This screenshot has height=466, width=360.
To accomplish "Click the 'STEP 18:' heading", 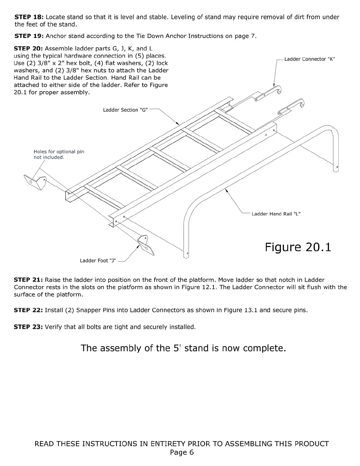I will [x=29, y=17].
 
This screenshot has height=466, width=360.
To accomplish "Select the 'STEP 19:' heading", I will [x=29, y=36].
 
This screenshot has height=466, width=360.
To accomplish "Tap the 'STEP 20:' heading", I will [x=29, y=49].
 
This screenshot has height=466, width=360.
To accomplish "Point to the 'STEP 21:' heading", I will [x=29, y=280].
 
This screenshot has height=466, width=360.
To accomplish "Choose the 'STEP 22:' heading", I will [x=29, y=310].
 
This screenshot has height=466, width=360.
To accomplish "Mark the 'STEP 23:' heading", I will [x=29, y=327].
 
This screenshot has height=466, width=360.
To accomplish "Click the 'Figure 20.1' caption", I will [x=298, y=247].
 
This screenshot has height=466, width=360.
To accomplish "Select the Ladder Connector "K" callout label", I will [x=309, y=59].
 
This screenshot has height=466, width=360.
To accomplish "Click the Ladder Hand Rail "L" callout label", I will [x=276, y=214].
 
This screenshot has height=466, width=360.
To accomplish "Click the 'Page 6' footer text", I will [x=182, y=452].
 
